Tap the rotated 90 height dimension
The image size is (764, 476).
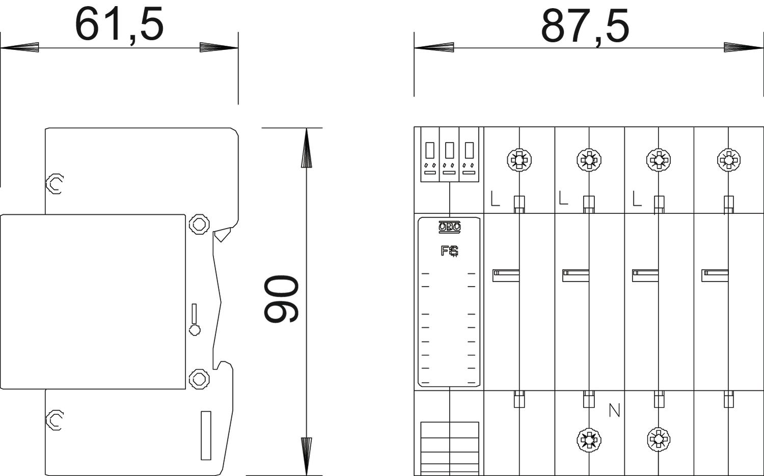click(282, 299)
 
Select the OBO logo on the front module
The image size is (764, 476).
click(449, 227)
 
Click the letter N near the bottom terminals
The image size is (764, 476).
click(614, 410)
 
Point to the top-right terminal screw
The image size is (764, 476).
click(728, 160)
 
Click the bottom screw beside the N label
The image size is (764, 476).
click(589, 440)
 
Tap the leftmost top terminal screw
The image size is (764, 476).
click(519, 160)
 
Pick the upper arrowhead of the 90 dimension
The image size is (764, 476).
click(307, 148)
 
